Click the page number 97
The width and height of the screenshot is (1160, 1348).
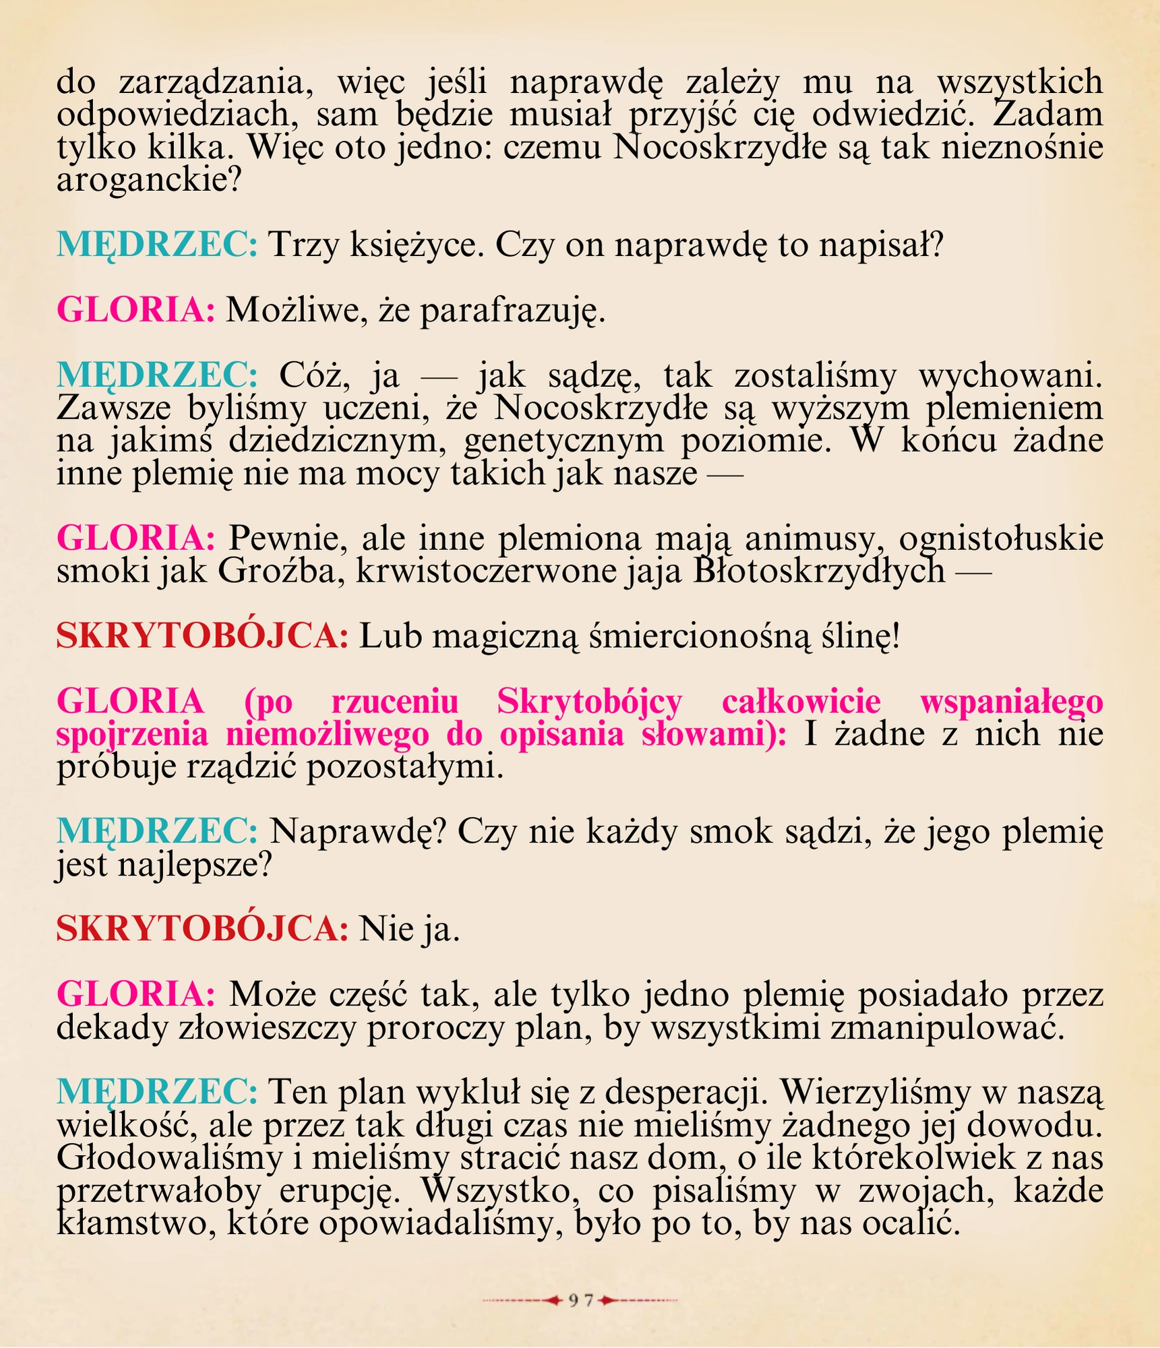click(x=580, y=1300)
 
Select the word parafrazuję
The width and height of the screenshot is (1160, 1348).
click(x=512, y=311)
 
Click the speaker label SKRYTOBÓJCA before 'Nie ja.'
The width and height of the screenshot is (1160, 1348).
click(x=202, y=929)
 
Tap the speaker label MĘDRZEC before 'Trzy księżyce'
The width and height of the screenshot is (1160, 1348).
click(x=156, y=245)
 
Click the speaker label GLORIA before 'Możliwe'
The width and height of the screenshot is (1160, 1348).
click(x=135, y=311)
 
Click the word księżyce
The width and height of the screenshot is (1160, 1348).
click(x=417, y=245)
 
